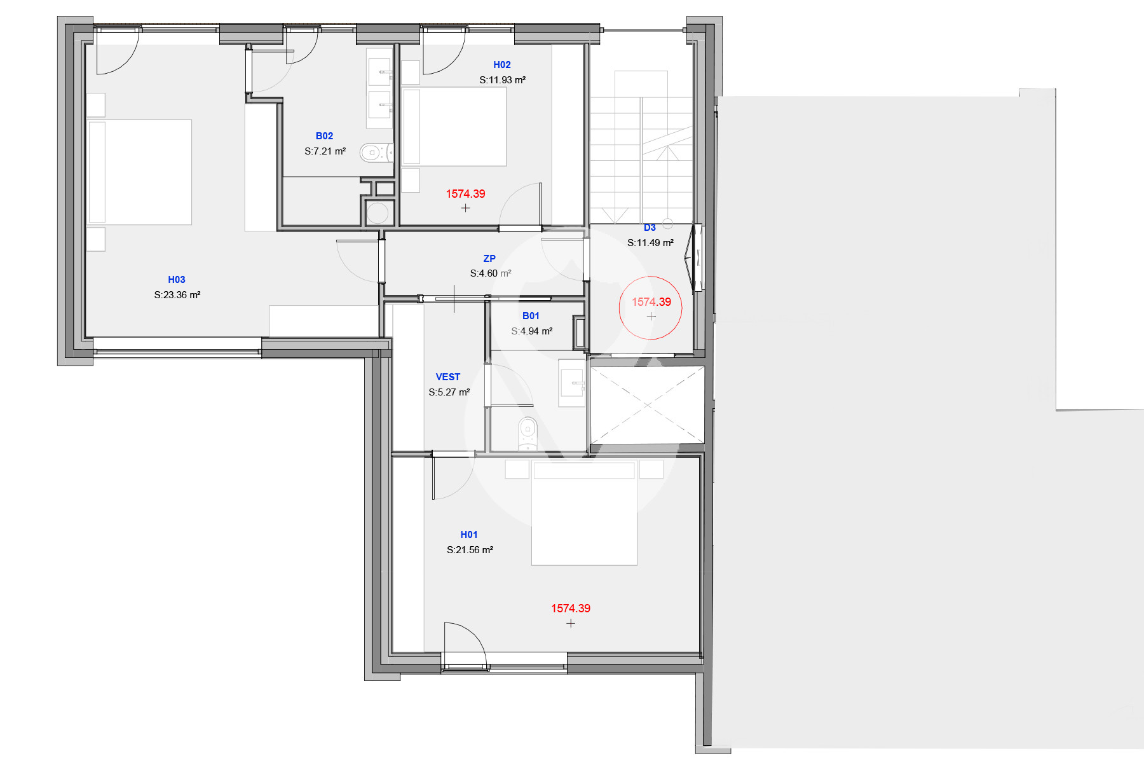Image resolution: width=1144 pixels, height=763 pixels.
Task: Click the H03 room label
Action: point(177,280)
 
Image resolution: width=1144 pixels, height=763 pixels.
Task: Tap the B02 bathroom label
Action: point(324,136)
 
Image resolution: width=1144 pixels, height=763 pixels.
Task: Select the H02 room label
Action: point(502,65)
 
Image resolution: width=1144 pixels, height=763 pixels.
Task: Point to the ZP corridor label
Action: point(489,259)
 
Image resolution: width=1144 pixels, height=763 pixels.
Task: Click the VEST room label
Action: point(448,377)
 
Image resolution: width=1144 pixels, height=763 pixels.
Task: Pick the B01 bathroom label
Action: point(531,316)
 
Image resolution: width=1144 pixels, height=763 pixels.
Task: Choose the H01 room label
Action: point(469,535)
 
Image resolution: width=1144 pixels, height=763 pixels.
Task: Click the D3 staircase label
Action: point(650,228)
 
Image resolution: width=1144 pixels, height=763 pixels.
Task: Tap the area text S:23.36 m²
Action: point(177,295)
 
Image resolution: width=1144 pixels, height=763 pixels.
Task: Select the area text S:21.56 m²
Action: point(470,550)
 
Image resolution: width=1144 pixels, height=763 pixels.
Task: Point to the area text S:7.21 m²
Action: point(325,151)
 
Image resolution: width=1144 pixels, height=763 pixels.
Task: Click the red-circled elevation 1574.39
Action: point(651,302)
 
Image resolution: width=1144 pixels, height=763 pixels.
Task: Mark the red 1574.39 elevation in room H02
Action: point(465,194)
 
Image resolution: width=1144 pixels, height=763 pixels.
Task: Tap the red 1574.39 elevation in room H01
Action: point(571,608)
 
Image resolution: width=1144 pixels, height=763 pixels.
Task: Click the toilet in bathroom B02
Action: point(377,153)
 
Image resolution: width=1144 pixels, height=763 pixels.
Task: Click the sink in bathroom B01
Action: point(571,383)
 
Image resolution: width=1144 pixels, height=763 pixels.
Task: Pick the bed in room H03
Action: point(139,172)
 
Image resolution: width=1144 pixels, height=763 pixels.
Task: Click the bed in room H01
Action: point(584,513)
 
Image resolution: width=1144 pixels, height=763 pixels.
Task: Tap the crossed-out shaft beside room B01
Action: point(648,405)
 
